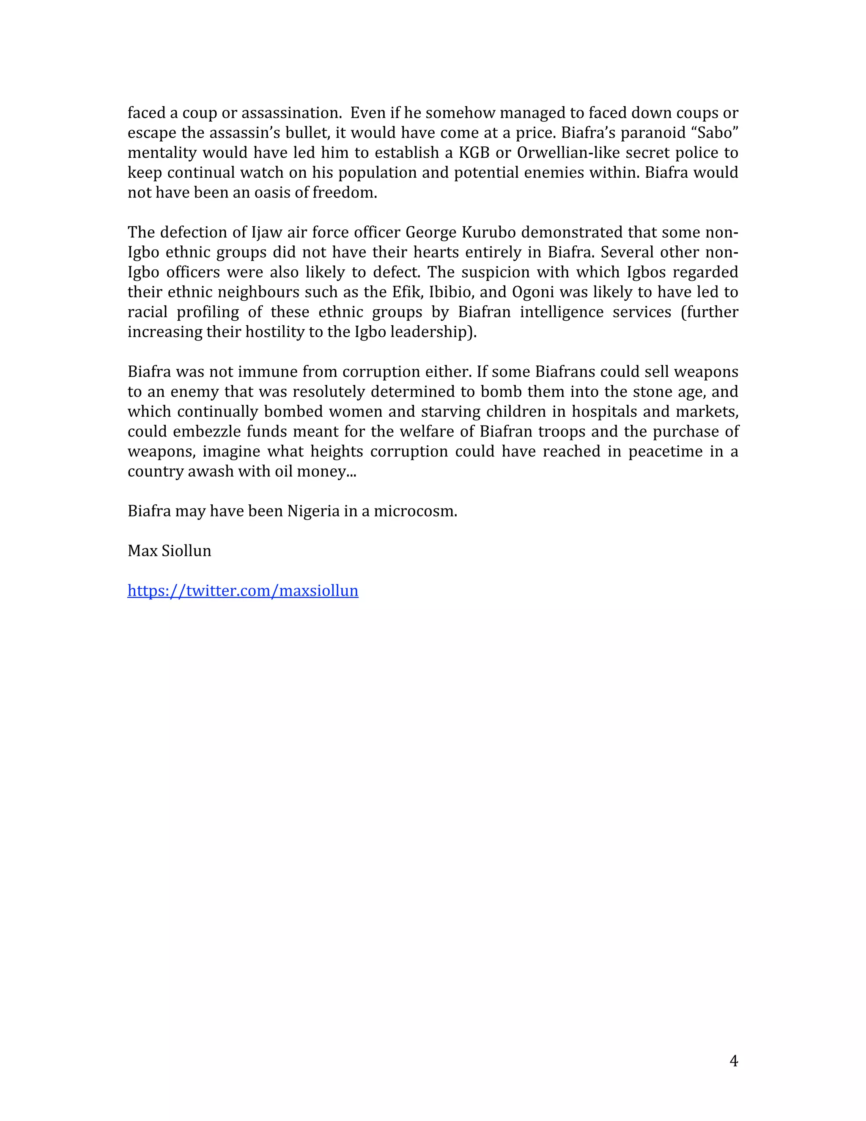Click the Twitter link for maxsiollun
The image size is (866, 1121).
click(x=243, y=591)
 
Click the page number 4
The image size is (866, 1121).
click(x=734, y=1061)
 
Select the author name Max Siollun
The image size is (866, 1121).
click(x=169, y=551)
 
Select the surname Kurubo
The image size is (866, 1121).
click(x=489, y=233)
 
